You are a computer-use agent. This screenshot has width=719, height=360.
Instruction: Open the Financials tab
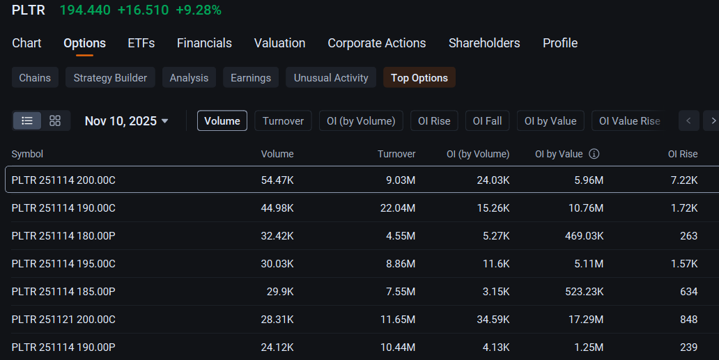click(x=204, y=43)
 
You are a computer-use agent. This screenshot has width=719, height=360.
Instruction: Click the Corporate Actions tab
click(x=376, y=43)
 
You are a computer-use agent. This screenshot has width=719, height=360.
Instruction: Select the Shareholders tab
click(x=484, y=43)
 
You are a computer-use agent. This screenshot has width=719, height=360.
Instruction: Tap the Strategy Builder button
click(x=110, y=77)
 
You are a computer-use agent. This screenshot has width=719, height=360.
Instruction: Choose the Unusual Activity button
click(x=331, y=77)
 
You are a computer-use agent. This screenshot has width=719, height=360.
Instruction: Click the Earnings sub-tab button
click(x=251, y=77)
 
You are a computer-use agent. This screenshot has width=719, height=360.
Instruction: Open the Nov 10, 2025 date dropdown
click(x=127, y=121)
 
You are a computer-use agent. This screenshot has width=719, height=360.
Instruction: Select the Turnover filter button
click(x=283, y=121)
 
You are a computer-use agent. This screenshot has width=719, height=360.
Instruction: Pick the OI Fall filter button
click(x=487, y=121)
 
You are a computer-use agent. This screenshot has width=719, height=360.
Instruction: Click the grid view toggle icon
click(x=55, y=121)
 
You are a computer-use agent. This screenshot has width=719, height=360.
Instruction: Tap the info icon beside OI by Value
click(x=594, y=154)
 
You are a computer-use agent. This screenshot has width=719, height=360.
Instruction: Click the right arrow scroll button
click(x=713, y=121)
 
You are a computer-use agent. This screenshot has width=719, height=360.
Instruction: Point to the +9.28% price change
click(x=199, y=10)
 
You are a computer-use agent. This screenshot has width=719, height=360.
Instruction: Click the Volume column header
click(x=277, y=154)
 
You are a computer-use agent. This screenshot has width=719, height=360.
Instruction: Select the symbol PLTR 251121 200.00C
click(x=63, y=319)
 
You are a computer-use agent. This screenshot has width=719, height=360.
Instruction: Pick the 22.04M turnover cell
click(x=398, y=208)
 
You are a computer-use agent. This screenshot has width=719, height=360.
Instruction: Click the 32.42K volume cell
click(x=277, y=236)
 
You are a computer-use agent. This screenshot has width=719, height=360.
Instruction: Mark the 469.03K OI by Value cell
click(x=584, y=236)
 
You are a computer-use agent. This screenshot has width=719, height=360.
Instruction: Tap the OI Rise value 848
click(x=689, y=319)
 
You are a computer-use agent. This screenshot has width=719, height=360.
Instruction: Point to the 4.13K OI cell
click(x=496, y=347)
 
